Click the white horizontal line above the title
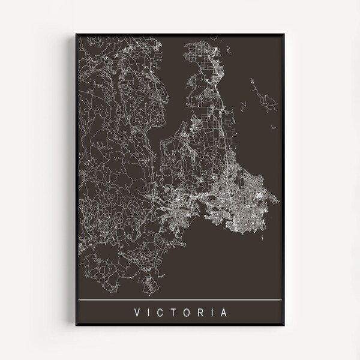pyautogui.click(x=180, y=299)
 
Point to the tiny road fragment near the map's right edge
pyautogui.click(x=274, y=127)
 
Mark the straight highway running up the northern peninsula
pyautogui.click(x=215, y=102)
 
